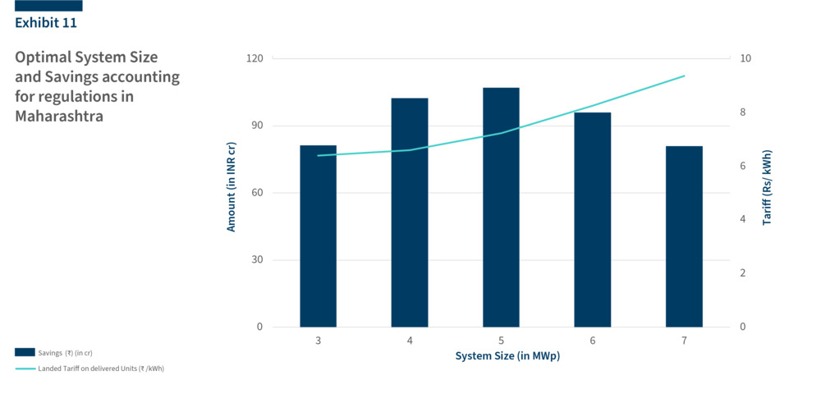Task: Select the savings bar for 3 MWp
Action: (318, 236)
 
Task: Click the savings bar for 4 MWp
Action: (410, 213)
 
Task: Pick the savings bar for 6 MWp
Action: (593, 220)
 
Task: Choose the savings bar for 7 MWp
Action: (684, 236)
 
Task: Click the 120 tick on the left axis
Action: (255, 59)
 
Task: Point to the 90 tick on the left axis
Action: (257, 126)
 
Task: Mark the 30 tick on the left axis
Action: (257, 260)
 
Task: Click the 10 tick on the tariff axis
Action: (745, 59)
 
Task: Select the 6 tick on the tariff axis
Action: (743, 166)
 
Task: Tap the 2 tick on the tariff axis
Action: (743, 273)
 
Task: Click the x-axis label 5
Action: (501, 340)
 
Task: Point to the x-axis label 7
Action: (684, 340)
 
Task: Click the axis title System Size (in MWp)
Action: (501, 356)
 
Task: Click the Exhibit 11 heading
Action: (46, 23)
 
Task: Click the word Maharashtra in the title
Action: (59, 117)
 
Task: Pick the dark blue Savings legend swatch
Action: (25, 352)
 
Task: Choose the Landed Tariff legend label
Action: (101, 369)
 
